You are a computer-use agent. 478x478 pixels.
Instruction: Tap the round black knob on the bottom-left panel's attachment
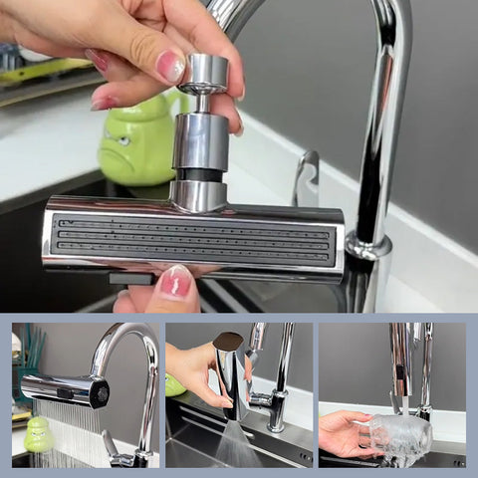pos(100,392)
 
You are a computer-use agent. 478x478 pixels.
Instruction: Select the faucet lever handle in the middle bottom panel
pos(261,399)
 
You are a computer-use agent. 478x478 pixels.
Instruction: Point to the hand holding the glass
pos(344,434)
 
